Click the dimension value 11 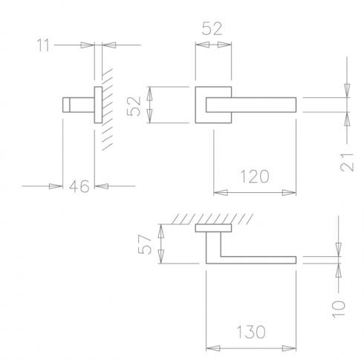[45, 45]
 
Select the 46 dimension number [79, 186]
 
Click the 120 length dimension [253, 177]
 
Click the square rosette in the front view [202, 105]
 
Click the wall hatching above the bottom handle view [215, 218]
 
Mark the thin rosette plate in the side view [97, 105]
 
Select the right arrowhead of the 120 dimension [293, 193]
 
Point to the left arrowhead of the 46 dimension [55, 186]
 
